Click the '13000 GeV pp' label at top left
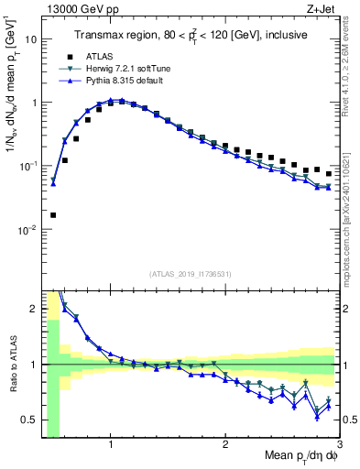tap(76, 8)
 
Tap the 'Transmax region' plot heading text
tap(192, 35)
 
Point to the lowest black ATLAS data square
tap(53, 215)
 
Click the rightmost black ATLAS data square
tap(329, 173)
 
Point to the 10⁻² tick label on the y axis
tap(28, 230)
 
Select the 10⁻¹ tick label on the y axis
tap(28, 166)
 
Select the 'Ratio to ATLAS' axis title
tap(11, 365)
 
